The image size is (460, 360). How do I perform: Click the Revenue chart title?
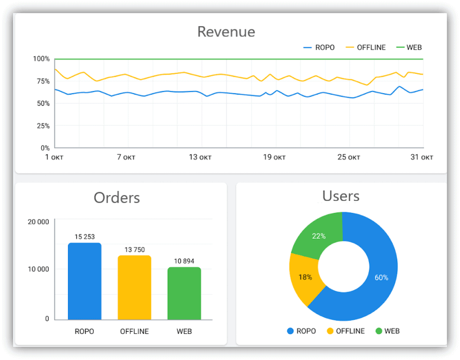pos(226,32)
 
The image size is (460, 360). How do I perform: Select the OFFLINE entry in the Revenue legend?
pos(365,47)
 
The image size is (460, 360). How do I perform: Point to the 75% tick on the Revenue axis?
pos(41,81)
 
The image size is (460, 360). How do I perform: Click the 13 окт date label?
pos(201,157)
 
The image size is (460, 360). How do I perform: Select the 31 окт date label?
pos(422,157)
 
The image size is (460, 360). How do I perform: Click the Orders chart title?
pos(117,198)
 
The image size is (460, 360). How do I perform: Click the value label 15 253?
pos(85,237)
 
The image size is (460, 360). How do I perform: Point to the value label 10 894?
pos(184,261)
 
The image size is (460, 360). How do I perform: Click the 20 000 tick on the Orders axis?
pos(38,222)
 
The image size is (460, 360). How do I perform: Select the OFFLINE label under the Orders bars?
pos(134,331)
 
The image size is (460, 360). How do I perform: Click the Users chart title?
pos(341,196)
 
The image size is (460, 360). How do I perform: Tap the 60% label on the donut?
pos(381,277)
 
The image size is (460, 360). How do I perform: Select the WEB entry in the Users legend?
pos(387,331)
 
